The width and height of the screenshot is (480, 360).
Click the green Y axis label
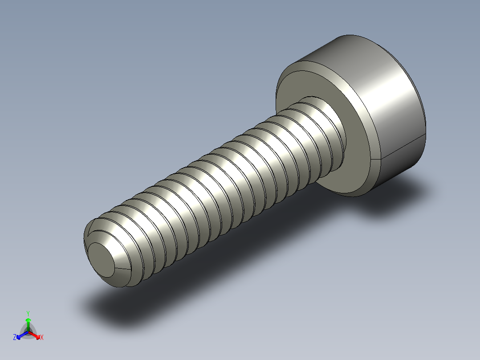28,313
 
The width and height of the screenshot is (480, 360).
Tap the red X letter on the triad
42,338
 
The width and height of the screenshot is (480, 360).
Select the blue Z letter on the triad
15,338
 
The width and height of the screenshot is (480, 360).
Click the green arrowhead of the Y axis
28,320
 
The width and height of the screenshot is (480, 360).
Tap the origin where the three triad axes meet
28,331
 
